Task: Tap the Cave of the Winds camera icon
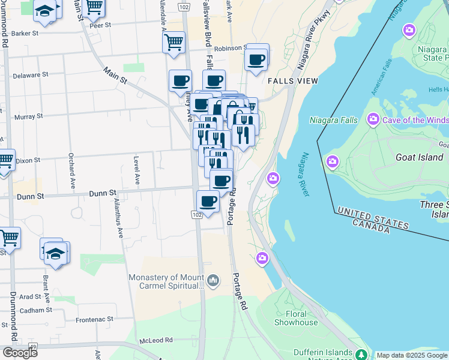(373, 120)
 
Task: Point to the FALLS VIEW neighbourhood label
(292, 81)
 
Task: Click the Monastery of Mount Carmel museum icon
(213, 280)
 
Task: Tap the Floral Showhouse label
(296, 318)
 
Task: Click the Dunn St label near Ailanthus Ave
(103, 194)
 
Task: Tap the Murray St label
(28, 116)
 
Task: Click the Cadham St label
(35, 310)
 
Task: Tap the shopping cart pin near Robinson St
(173, 42)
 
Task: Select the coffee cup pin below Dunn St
(208, 201)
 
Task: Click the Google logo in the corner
(20, 353)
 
